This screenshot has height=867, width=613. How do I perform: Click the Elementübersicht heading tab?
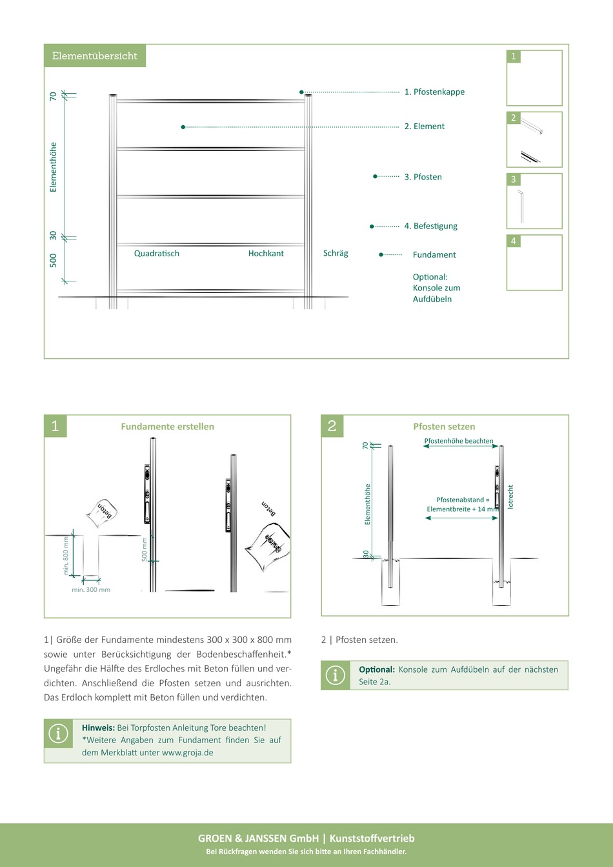(95, 56)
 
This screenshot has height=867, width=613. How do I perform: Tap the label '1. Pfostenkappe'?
(434, 92)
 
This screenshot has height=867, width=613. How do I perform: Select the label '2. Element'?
(425, 127)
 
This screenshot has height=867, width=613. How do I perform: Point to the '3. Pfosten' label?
(423, 177)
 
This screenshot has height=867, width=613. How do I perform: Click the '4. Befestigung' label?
(431, 226)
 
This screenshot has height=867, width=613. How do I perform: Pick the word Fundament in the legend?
(434, 255)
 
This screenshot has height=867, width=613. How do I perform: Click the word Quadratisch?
(157, 254)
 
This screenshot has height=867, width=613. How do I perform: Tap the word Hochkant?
(266, 254)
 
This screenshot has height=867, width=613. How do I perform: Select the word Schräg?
(336, 253)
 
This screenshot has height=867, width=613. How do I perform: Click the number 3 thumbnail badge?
(514, 179)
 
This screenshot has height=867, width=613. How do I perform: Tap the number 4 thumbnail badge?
(514, 241)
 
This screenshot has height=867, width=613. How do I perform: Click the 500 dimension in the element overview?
(53, 260)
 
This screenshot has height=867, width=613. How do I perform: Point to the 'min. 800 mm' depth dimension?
(66, 555)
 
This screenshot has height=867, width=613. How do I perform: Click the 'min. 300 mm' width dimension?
(91, 590)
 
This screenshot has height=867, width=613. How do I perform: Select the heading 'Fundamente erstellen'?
(168, 427)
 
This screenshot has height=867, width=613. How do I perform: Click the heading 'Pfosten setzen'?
(444, 427)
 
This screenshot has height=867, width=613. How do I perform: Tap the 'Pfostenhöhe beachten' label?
(459, 441)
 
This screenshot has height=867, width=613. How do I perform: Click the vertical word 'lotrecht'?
(510, 496)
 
